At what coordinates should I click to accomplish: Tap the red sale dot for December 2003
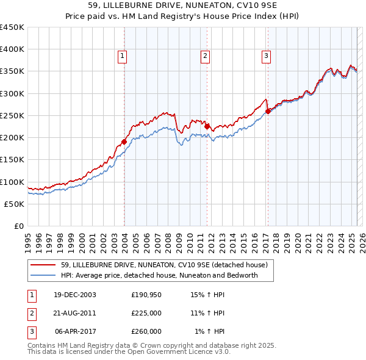124,142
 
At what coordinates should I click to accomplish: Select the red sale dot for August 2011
207,126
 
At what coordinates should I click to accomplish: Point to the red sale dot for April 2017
268,111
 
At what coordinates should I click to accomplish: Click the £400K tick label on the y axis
12,49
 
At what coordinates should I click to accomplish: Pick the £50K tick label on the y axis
15,204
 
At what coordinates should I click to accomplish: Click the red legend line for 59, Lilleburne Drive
43,265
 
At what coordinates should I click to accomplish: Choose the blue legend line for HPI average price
43,275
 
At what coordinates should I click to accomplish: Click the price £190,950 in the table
146,295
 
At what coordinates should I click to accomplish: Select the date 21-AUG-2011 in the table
75,313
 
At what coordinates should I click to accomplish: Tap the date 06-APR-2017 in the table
76,331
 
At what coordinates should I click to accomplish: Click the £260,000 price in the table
146,331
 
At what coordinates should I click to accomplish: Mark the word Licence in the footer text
193,352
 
